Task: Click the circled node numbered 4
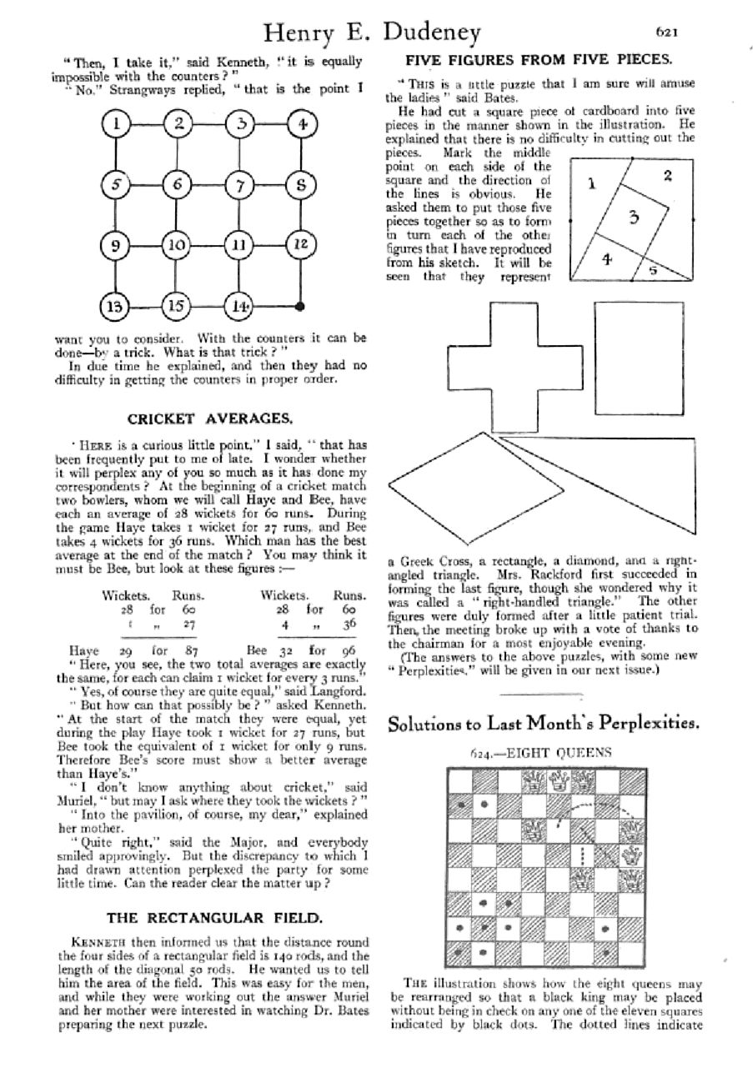[x=300, y=126]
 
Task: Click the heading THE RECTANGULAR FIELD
[x=214, y=917]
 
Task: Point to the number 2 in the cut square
[x=667, y=175]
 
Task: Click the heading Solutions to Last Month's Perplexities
[x=543, y=724]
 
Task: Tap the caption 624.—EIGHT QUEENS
[x=543, y=753]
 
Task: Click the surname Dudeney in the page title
[x=432, y=33]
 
